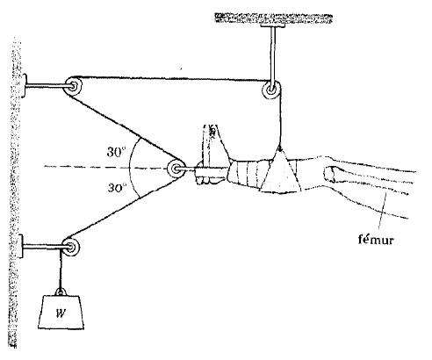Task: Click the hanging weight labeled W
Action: point(61,312)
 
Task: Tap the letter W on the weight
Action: point(61,313)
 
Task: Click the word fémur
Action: point(376,240)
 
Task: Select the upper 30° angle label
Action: point(116,152)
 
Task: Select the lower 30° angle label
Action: point(117,187)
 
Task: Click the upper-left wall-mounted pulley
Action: point(73,86)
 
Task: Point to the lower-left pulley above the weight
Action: point(71,247)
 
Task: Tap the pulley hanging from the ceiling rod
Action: point(272,90)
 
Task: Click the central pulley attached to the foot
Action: point(176,169)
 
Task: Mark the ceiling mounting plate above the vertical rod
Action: point(272,25)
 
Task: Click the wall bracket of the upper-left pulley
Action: point(25,86)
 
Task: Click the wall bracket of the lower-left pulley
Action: point(20,247)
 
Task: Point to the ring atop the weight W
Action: point(61,292)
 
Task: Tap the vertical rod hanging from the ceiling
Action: point(273,55)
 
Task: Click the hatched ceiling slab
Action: point(273,18)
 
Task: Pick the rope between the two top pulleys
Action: point(173,78)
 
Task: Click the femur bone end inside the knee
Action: point(330,174)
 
